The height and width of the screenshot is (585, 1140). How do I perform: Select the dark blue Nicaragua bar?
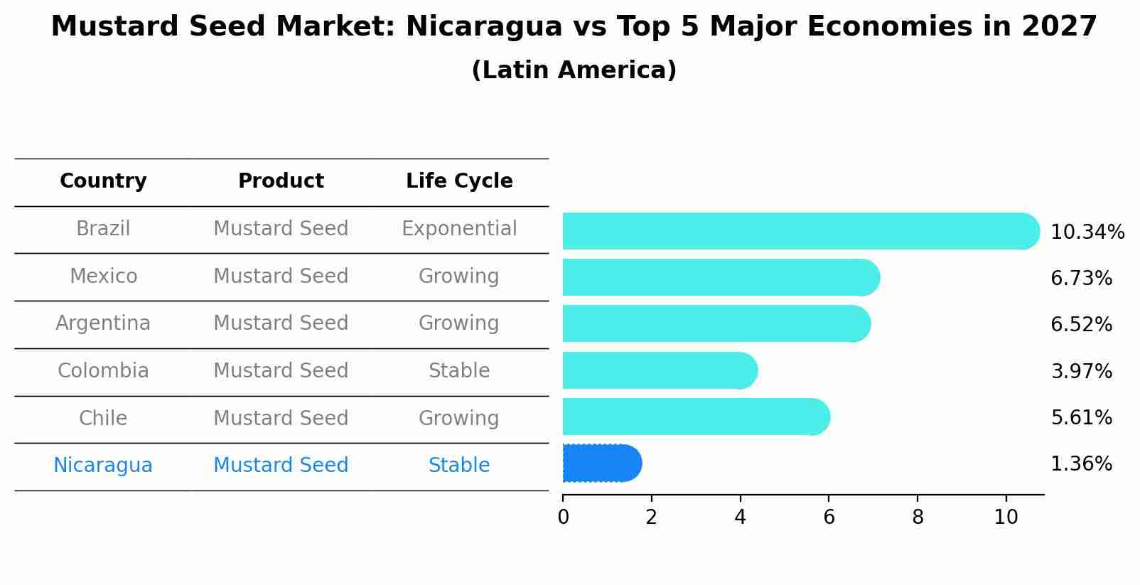coord(601,463)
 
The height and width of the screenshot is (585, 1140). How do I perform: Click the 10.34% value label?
coord(1087,232)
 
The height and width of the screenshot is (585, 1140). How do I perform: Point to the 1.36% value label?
coord(1080,464)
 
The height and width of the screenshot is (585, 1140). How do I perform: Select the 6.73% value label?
coord(1080,279)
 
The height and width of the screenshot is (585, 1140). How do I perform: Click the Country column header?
coord(103,181)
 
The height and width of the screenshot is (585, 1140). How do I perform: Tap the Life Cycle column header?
coord(459,181)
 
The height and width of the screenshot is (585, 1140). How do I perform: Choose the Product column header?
coord(281,181)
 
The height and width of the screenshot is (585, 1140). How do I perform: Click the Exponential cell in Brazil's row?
coord(459,229)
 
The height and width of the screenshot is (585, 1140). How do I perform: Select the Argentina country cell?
coord(103,323)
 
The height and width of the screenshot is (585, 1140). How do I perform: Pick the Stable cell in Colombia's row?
coord(459,371)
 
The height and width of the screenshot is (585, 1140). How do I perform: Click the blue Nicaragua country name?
coord(103,466)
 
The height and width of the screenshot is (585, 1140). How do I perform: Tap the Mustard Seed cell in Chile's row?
coord(281,418)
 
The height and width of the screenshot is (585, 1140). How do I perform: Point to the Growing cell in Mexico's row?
coord(459,276)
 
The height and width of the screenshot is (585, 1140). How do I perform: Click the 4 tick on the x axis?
coord(740,517)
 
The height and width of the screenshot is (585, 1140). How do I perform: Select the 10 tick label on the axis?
coord(1006,517)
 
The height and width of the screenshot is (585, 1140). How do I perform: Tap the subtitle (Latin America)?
coord(574,70)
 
